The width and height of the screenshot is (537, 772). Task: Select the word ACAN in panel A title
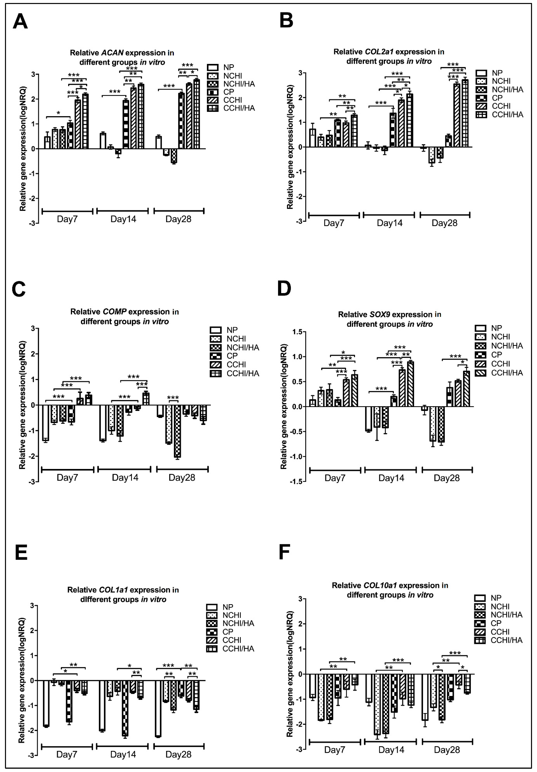coord(112,53)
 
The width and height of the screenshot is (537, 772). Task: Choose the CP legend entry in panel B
coord(497,98)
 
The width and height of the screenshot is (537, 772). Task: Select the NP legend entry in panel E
coord(228,607)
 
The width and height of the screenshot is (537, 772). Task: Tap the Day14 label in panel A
coord(123,219)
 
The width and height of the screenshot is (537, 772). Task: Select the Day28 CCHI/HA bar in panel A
coord(196,114)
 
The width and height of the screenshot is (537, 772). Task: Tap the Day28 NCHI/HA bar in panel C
coord(177,431)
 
